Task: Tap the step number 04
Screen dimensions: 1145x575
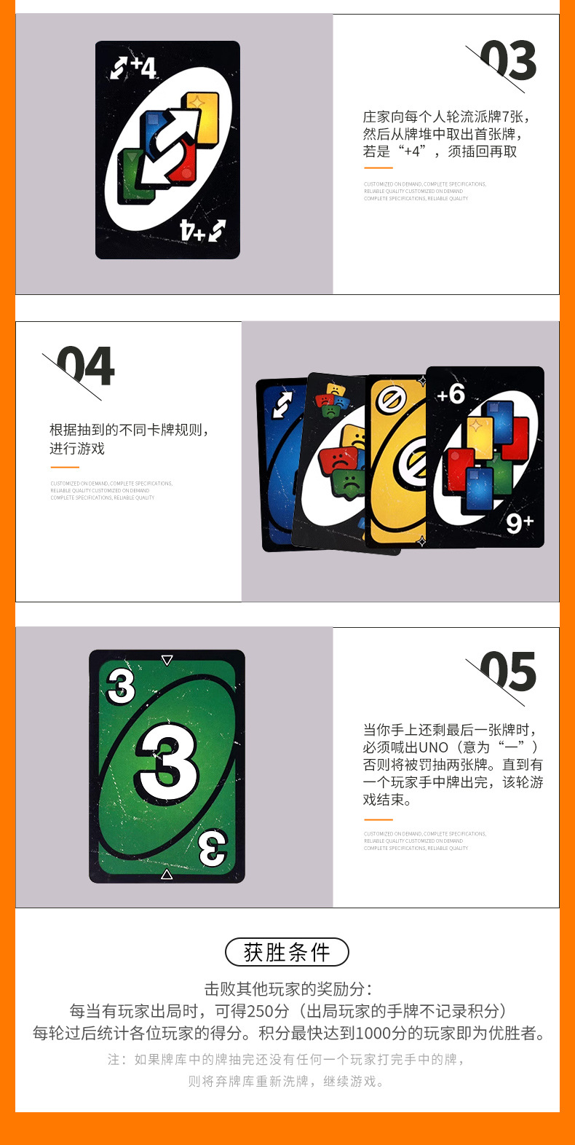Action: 86,366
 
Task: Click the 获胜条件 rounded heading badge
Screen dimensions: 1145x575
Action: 287,952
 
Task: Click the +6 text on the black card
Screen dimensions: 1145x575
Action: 451,394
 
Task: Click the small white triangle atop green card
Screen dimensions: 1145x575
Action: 167,660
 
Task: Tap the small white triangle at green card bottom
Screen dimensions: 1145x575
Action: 167,873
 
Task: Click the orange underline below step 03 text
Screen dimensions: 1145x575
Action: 378,168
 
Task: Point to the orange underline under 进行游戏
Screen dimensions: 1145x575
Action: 64,468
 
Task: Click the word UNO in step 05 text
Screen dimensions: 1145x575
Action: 434,747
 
